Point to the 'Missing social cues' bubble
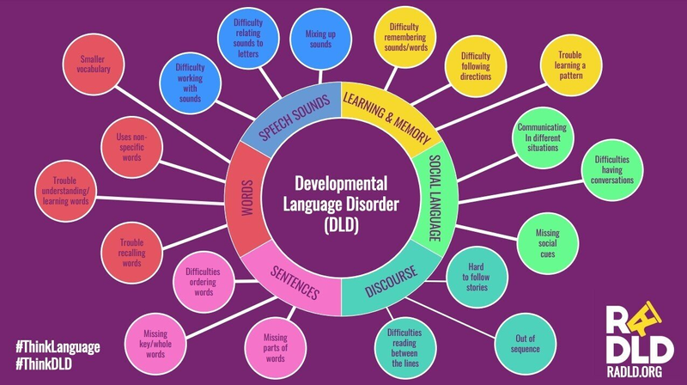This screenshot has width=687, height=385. coord(547,239)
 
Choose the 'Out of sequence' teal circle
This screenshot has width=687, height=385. coord(525,343)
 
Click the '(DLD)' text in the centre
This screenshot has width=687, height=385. coord(342,226)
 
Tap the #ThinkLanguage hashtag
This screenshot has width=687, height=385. coord(58,346)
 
